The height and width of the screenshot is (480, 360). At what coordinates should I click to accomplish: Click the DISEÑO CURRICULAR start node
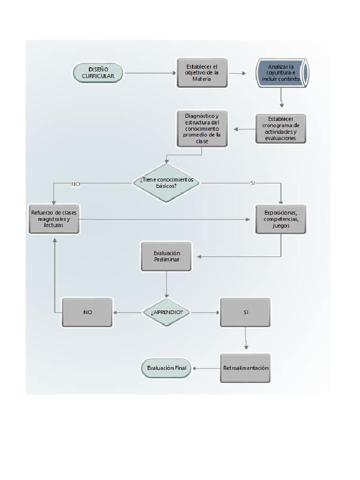(x=98, y=73)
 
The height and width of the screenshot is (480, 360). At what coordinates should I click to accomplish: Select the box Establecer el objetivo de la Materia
(x=202, y=73)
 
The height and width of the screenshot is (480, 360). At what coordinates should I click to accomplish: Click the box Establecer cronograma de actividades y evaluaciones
(x=280, y=128)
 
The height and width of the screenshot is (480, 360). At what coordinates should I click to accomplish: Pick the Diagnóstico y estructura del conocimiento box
(x=202, y=128)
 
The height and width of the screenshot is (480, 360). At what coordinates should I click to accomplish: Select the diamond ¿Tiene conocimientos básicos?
(x=166, y=182)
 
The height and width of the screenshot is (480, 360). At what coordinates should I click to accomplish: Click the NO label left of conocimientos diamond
(x=75, y=184)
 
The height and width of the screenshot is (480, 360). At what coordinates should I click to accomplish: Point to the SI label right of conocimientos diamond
(x=253, y=183)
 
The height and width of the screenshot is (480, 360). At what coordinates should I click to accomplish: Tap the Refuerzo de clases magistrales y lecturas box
(x=54, y=219)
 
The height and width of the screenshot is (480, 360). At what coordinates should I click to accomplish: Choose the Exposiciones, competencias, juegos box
(x=280, y=219)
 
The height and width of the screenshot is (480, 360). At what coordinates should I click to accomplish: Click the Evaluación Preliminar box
(x=166, y=256)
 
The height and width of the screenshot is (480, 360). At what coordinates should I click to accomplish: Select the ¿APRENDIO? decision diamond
(x=166, y=312)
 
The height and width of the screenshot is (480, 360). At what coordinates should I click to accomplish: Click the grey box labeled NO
(x=87, y=312)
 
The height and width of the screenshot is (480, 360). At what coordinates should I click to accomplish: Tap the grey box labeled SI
(x=245, y=312)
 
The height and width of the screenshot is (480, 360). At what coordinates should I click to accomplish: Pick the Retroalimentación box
(x=245, y=368)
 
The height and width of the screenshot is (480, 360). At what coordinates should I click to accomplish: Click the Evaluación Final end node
(x=166, y=368)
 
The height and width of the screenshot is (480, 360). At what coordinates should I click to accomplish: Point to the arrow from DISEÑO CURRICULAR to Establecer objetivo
(x=150, y=73)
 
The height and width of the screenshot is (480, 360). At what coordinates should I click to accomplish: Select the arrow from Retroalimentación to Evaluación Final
(x=206, y=368)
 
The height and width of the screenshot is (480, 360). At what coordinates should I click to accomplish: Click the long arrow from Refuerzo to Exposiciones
(x=164, y=219)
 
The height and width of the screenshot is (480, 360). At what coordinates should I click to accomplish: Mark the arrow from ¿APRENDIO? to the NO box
(x=127, y=312)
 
